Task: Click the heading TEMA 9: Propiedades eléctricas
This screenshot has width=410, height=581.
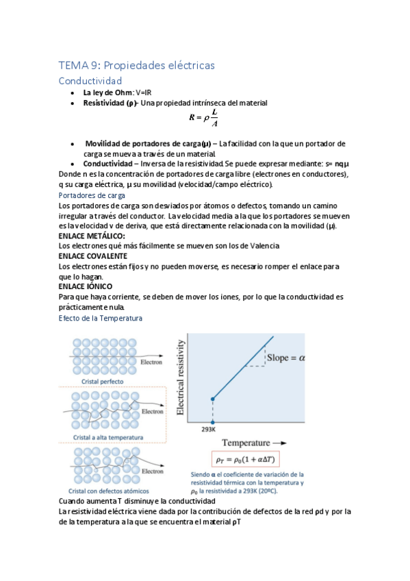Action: click(x=137, y=65)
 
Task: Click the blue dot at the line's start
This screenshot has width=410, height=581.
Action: click(x=212, y=399)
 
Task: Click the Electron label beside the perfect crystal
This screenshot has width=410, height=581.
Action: click(x=151, y=362)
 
